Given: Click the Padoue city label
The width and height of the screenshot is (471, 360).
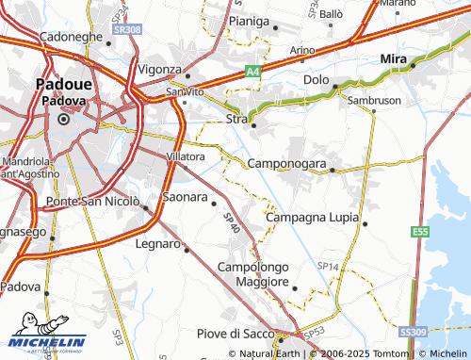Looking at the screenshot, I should [63, 84].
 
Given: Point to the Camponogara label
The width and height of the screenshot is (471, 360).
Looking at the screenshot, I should [286, 164].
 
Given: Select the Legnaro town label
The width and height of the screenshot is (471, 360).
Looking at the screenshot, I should [158, 244].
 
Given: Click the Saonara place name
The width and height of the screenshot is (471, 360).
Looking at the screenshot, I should [185, 197].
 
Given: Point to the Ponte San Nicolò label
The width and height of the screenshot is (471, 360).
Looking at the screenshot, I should [92, 202].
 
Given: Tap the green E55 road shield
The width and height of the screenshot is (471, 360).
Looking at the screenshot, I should [421, 232].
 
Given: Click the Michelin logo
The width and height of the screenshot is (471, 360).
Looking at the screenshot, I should [44, 342].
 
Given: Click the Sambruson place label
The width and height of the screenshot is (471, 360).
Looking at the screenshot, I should [374, 99].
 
